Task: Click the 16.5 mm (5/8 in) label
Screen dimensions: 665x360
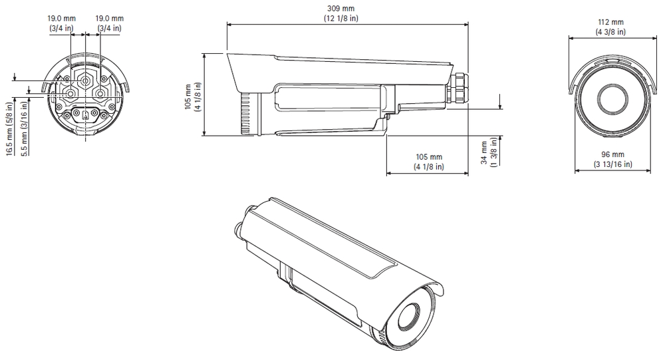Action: click(x=10, y=128)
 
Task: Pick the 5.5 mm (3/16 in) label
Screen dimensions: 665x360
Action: click(x=24, y=128)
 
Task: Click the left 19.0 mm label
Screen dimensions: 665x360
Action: click(x=61, y=23)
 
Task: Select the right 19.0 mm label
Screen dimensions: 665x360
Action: click(x=110, y=23)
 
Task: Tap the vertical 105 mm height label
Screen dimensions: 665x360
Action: click(x=193, y=96)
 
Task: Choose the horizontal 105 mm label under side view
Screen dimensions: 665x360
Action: click(x=429, y=162)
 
